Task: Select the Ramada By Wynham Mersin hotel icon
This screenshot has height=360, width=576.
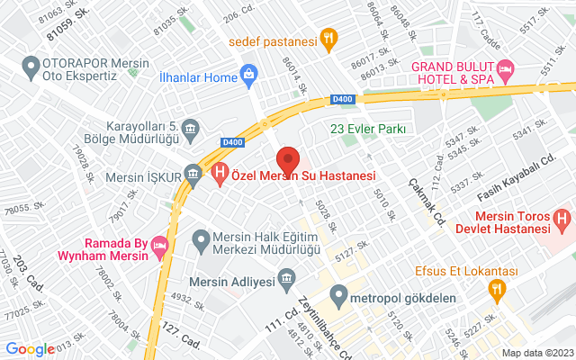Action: (159, 245)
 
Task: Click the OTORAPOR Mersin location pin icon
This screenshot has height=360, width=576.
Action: (31, 65)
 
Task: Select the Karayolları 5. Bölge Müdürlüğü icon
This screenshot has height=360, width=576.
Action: (191, 133)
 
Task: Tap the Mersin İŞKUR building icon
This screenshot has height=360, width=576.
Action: (193, 173)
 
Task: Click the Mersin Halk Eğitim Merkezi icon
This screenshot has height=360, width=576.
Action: (202, 239)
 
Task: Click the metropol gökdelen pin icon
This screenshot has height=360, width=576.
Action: (339, 293)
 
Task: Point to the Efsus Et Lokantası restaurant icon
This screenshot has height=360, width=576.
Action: (495, 289)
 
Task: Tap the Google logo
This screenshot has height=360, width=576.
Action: (31, 349)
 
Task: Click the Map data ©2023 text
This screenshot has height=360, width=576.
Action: (536, 353)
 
